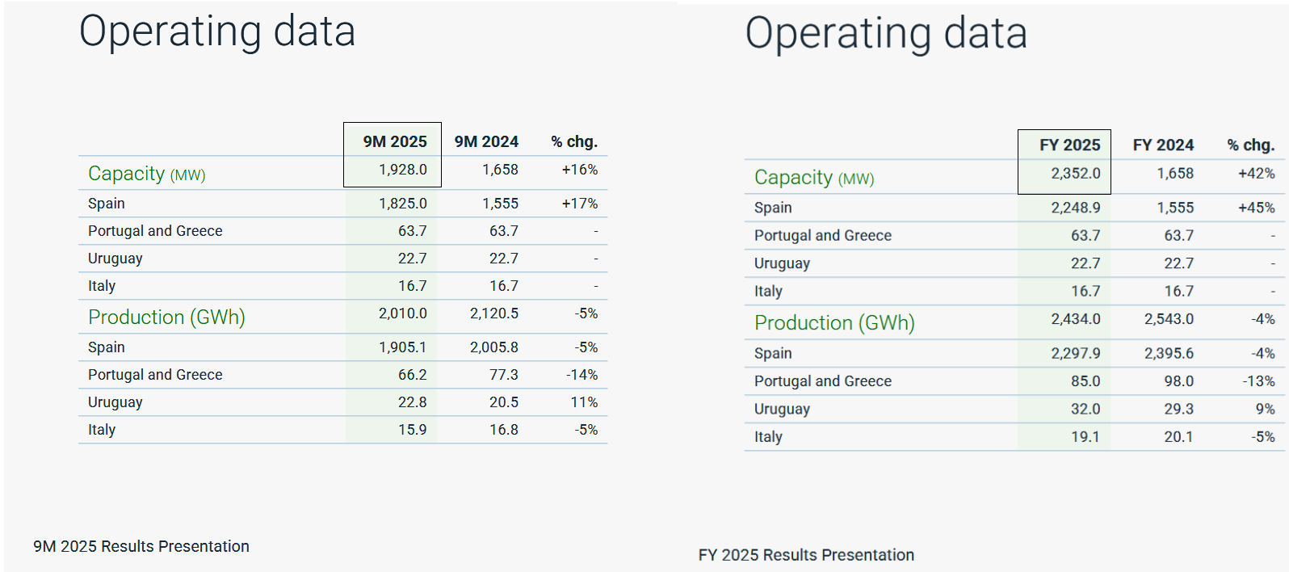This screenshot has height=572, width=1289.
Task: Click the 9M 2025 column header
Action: [395, 141]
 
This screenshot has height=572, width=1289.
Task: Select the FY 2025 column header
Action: [1070, 145]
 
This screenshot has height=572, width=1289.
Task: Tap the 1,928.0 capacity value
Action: [403, 170]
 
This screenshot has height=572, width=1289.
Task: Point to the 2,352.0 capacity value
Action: [1076, 174]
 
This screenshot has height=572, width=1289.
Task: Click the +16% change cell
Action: [580, 170]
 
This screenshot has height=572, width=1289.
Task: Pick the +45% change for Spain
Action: [1256, 208]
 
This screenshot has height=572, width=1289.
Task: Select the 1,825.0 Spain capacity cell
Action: [403, 204]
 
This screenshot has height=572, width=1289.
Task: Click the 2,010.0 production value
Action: [403, 313]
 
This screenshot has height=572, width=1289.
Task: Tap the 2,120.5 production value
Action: [494, 313]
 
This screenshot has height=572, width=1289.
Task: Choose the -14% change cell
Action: [582, 375]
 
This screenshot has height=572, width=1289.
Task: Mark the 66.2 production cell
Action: [413, 375]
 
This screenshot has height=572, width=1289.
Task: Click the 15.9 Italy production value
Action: [413, 430]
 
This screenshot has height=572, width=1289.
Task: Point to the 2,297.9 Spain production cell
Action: [1076, 353]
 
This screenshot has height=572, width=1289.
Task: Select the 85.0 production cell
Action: [1085, 381]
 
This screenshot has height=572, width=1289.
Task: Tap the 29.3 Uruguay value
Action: [1179, 409]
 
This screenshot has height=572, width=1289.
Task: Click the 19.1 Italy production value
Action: [1085, 437]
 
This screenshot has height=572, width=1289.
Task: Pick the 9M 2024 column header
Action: [486, 141]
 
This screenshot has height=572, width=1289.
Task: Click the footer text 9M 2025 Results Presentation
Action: [141, 546]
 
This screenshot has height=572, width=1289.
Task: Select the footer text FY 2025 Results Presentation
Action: [806, 555]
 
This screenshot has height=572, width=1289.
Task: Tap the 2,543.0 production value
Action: [1169, 319]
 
